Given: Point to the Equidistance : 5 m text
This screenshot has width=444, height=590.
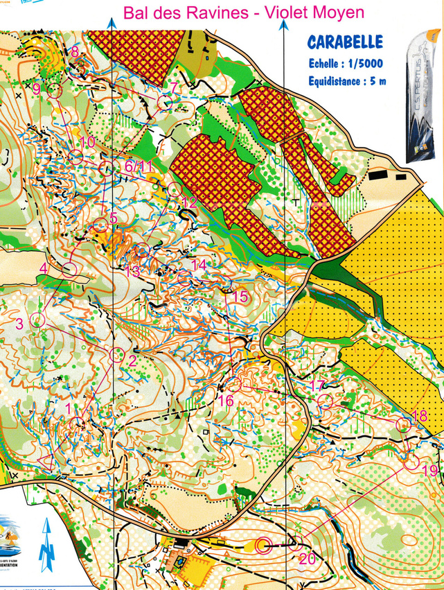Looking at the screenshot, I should [x=348, y=81].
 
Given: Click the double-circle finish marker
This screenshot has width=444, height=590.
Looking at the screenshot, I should [x=263, y=546].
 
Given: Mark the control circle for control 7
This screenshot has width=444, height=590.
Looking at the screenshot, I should [x=165, y=103].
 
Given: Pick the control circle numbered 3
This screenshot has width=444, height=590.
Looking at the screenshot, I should [x=37, y=320].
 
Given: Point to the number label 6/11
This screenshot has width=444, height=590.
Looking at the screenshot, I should [x=138, y=167].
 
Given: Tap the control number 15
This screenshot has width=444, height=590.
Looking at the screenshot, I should [x=240, y=297].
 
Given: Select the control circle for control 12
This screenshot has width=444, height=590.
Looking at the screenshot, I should [x=174, y=189].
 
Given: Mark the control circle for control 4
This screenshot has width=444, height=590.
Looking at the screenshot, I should [x=69, y=270].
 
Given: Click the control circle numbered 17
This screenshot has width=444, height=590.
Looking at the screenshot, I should [x=324, y=401].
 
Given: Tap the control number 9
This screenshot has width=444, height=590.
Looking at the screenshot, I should [x=37, y=89].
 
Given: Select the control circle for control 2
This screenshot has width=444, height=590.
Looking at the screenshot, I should [x=116, y=354].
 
